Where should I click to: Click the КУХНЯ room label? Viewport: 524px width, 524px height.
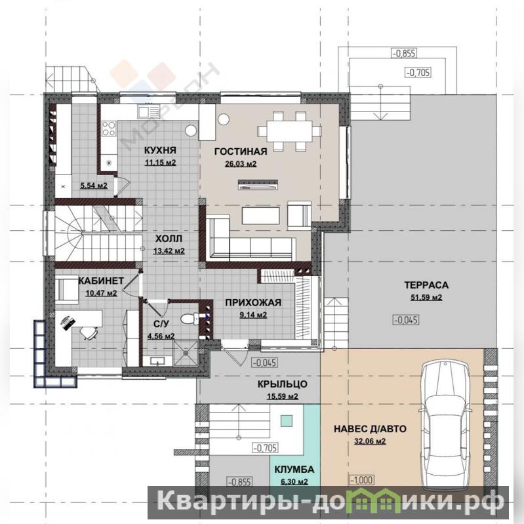pos(160,150)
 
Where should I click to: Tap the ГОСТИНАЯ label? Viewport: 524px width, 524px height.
pos(241,151)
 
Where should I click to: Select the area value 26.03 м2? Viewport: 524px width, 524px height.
pos(241,164)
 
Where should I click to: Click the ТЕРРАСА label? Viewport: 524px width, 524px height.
pos(426,285)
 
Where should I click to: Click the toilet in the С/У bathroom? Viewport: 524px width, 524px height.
pos(189,318)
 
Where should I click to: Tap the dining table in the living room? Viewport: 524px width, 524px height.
pos(289,131)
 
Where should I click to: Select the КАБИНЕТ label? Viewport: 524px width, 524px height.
pos(101,281)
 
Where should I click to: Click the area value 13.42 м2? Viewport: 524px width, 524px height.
pos(169,251)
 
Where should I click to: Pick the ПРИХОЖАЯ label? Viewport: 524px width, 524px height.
pos(253,303)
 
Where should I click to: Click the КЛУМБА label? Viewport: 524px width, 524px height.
pos(294,470)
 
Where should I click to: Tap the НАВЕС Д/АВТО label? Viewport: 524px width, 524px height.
pos(370,429)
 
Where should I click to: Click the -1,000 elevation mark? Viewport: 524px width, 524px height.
pos(361,480)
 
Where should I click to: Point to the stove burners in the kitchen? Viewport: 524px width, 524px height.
pos(109,129)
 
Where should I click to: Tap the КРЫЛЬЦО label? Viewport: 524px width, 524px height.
pos(283,384)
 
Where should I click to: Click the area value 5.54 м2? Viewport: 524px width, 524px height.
pos(94,186)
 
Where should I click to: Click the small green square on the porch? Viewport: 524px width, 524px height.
pos(287,421)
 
